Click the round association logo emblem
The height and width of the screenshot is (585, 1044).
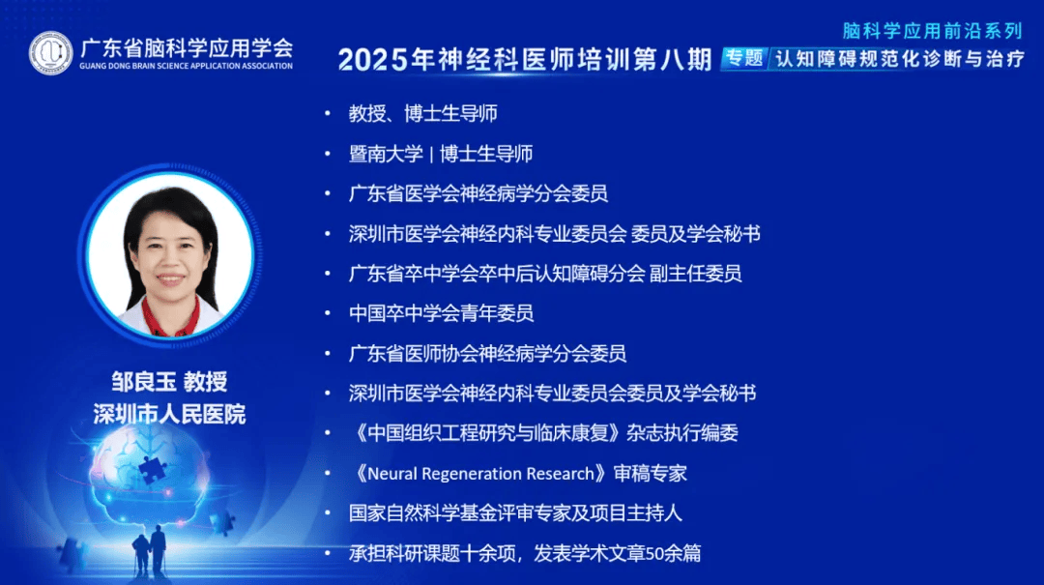(50, 52)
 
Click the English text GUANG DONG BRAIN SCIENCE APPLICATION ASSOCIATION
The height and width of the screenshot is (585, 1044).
(186, 66)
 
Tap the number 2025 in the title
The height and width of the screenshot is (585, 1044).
(373, 60)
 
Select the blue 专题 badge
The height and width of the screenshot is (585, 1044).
(744, 58)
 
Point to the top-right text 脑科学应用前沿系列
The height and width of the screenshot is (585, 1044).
(932, 31)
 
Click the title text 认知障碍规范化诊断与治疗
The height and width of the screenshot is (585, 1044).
(900, 59)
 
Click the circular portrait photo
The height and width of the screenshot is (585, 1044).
(170, 254)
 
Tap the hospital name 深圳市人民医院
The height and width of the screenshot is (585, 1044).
(170, 415)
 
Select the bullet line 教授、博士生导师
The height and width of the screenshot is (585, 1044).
(422, 113)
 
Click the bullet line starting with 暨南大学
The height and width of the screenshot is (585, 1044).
(440, 154)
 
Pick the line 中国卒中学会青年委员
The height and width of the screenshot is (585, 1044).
(441, 313)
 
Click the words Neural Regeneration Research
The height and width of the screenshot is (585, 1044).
(480, 474)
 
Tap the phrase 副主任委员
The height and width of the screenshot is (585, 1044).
(695, 274)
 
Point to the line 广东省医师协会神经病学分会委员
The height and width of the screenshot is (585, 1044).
(487, 353)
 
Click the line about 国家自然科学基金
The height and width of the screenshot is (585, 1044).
(515, 513)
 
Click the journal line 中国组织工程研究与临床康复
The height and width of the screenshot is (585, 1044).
(543, 433)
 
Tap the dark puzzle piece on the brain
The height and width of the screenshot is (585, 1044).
(152, 468)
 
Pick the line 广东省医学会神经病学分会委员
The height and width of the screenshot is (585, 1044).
(478, 193)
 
